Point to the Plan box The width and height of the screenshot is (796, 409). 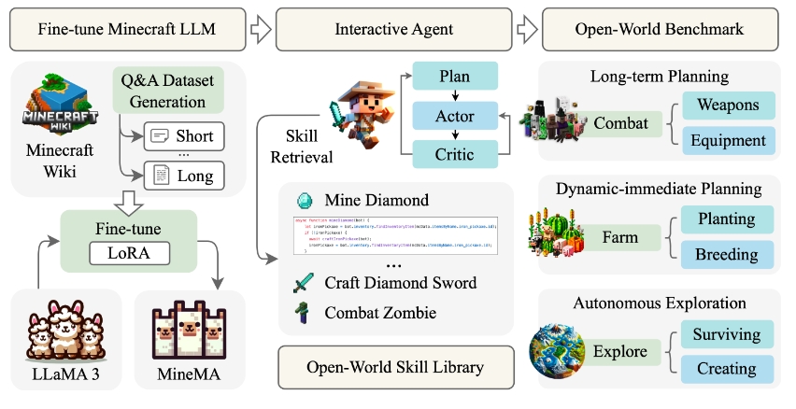[x=456, y=78]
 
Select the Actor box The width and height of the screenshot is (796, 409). [x=456, y=117]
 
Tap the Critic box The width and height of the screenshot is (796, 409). [x=456, y=156]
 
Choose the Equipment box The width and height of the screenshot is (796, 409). [x=727, y=141]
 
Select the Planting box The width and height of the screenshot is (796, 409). [x=727, y=219]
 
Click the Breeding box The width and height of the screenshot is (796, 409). [x=727, y=255]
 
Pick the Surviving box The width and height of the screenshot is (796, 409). [x=727, y=334]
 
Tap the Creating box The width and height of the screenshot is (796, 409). [x=727, y=369]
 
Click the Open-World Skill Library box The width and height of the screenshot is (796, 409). [x=396, y=364]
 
